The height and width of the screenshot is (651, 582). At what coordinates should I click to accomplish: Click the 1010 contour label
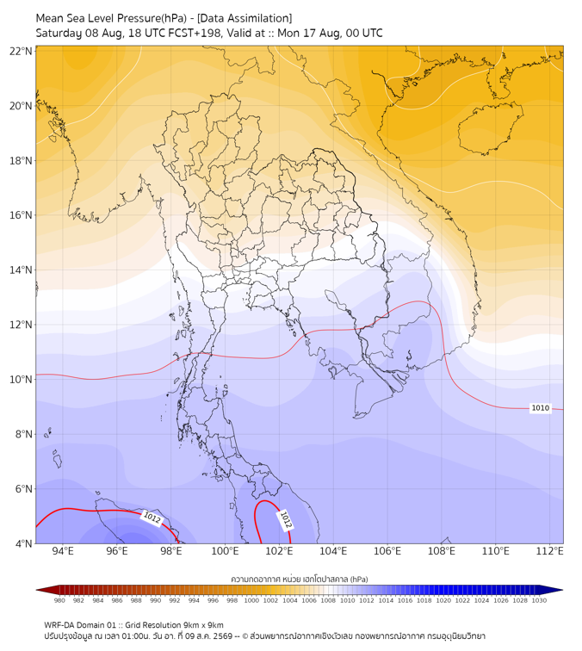(x=540, y=407)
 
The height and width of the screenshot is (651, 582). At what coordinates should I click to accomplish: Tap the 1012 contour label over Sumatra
(x=152, y=518)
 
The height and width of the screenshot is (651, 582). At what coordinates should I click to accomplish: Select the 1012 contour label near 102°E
(x=286, y=520)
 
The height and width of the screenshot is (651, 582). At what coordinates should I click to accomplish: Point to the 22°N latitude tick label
(x=21, y=51)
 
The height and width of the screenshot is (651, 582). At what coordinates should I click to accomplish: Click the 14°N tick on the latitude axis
(x=21, y=270)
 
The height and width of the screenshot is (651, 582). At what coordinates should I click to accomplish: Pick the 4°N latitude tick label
(x=23, y=543)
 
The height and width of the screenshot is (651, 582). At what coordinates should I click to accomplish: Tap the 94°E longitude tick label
(x=63, y=551)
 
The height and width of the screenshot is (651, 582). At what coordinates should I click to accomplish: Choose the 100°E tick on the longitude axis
(x=225, y=551)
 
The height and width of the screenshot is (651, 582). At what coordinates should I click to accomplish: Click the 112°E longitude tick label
(x=549, y=551)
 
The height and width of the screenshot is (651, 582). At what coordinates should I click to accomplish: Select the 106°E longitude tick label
(x=387, y=551)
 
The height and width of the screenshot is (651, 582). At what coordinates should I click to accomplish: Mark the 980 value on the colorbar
(x=59, y=600)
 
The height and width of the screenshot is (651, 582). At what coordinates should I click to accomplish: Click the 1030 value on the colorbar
(x=539, y=600)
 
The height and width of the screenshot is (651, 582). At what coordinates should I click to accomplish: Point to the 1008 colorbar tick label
(x=328, y=600)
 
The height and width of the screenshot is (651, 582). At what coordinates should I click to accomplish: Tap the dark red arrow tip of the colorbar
(x=37, y=590)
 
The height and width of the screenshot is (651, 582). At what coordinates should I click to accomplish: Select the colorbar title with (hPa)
(x=300, y=579)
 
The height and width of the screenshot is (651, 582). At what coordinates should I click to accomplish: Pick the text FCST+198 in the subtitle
(x=195, y=34)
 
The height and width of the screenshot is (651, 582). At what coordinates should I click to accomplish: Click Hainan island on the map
(x=490, y=128)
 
